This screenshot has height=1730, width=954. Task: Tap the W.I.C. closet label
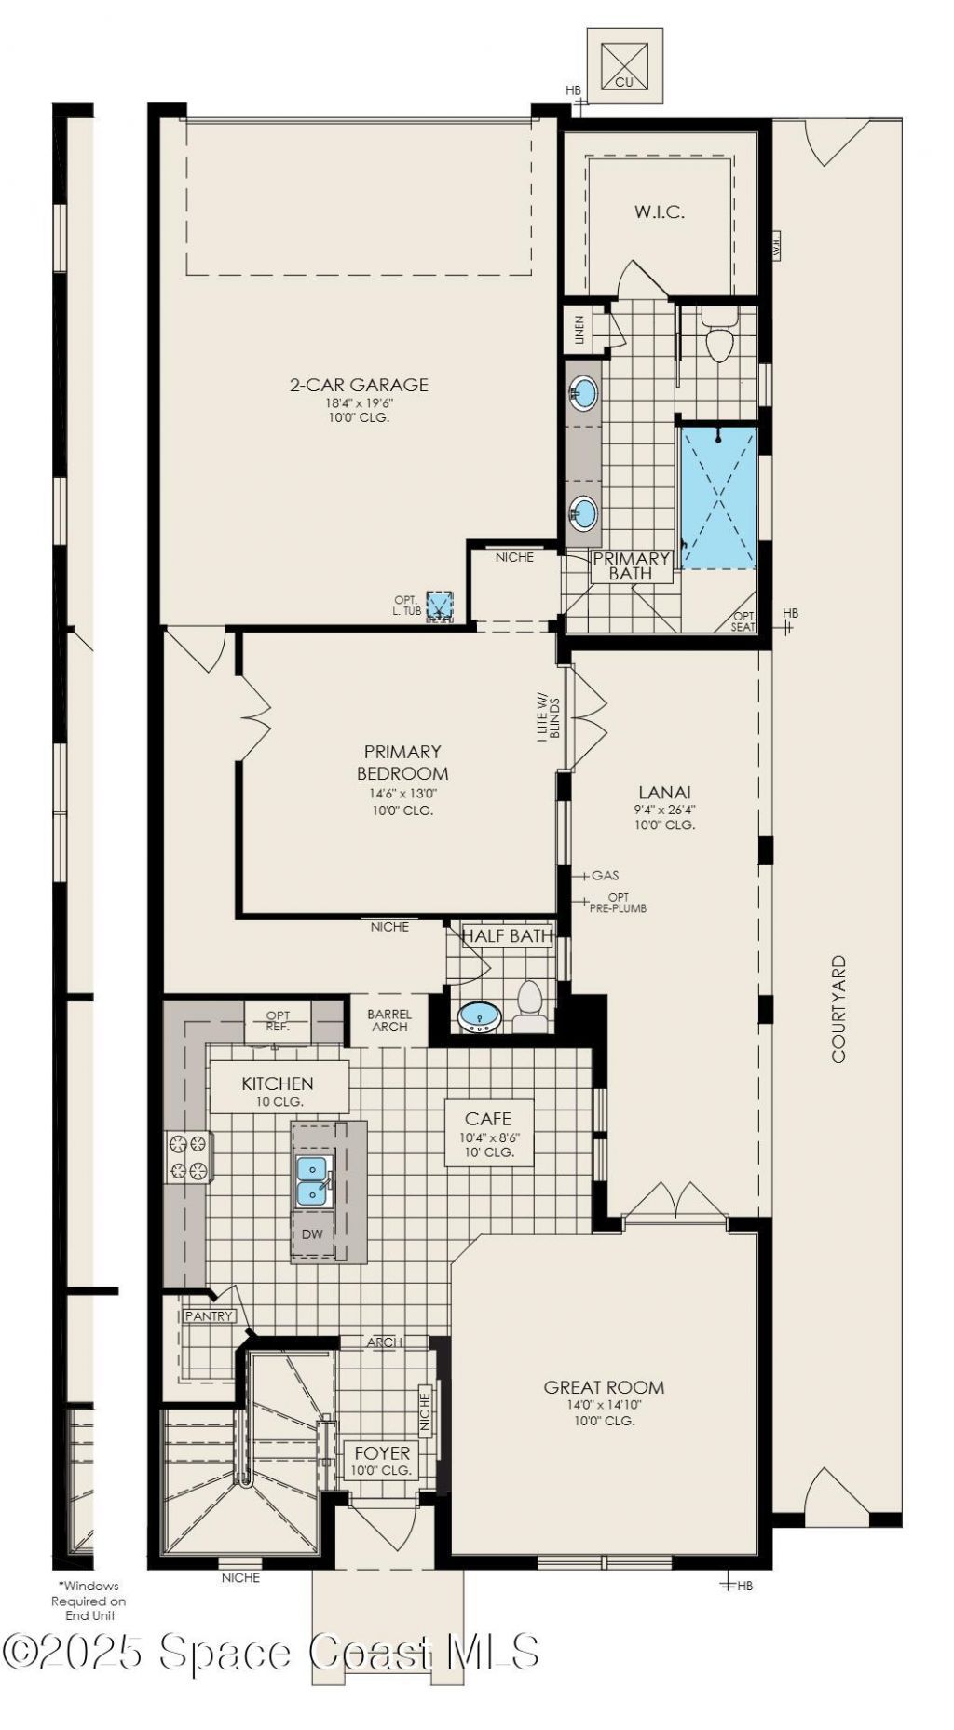[660, 211]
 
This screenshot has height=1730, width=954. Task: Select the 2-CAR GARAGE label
[359, 384]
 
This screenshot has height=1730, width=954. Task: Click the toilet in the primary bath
[719, 336]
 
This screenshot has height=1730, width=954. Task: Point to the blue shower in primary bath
[719, 497]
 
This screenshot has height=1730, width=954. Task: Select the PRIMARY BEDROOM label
[402, 762]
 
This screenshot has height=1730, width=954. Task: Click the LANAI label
[664, 793]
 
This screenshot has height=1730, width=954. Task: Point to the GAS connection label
[605, 876]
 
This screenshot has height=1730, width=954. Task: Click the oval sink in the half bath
[480, 1016]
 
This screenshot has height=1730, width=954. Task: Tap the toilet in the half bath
[530, 1007]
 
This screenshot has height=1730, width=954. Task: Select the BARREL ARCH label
[389, 1020]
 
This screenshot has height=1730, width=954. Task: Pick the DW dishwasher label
[313, 1234]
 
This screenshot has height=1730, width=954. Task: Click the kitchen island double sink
[313, 1180]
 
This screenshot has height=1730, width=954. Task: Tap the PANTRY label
[209, 1316]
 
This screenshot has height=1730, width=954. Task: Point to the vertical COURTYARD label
[838, 1009]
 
